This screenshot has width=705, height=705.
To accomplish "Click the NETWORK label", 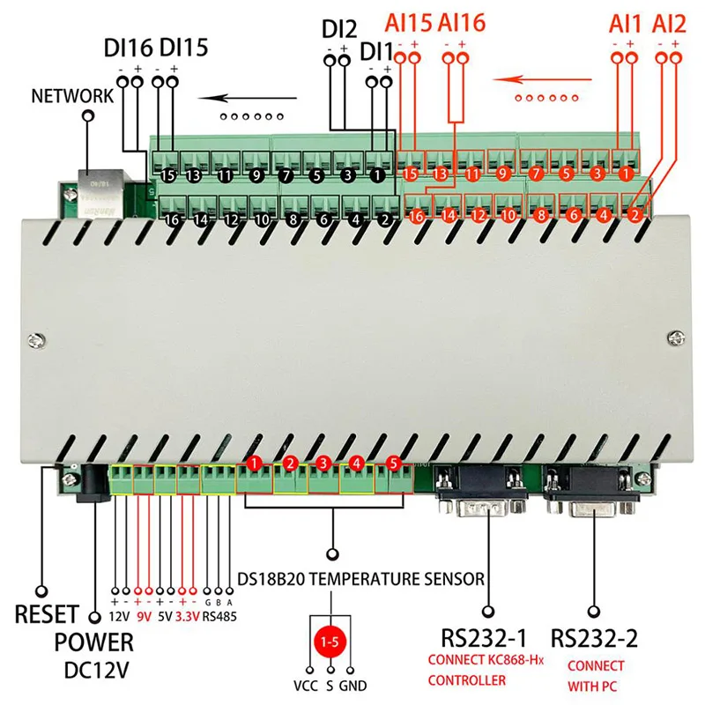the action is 72,96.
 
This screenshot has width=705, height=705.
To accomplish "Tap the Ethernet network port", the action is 100,193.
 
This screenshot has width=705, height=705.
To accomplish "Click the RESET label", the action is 47,614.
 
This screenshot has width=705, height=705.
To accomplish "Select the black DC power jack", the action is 93,483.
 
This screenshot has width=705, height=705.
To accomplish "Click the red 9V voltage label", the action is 144,616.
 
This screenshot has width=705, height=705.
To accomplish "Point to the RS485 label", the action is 219,616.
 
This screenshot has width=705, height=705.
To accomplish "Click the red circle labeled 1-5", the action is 330,642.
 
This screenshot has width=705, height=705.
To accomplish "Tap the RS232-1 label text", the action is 484,637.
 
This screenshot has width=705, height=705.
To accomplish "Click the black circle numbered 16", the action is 172,219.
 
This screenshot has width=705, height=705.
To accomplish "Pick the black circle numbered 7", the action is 286,174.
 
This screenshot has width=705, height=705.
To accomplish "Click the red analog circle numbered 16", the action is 416,216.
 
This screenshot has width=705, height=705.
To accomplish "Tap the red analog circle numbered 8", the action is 541,215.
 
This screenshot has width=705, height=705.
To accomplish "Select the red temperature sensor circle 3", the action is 323,464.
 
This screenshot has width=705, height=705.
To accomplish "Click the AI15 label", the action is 408,23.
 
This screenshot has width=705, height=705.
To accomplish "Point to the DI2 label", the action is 339,30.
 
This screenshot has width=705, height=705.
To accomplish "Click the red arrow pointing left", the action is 542,80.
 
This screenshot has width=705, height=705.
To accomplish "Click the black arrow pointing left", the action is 248,98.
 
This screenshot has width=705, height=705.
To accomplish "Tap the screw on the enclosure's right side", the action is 676,338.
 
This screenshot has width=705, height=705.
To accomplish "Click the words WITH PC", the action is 591,686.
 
